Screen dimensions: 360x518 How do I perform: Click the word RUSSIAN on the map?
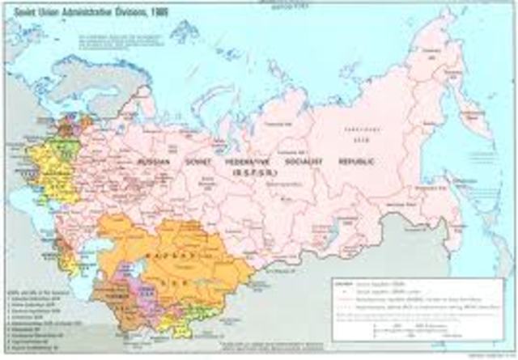click(155, 161)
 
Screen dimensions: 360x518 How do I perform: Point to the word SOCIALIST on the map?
click(310, 161)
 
